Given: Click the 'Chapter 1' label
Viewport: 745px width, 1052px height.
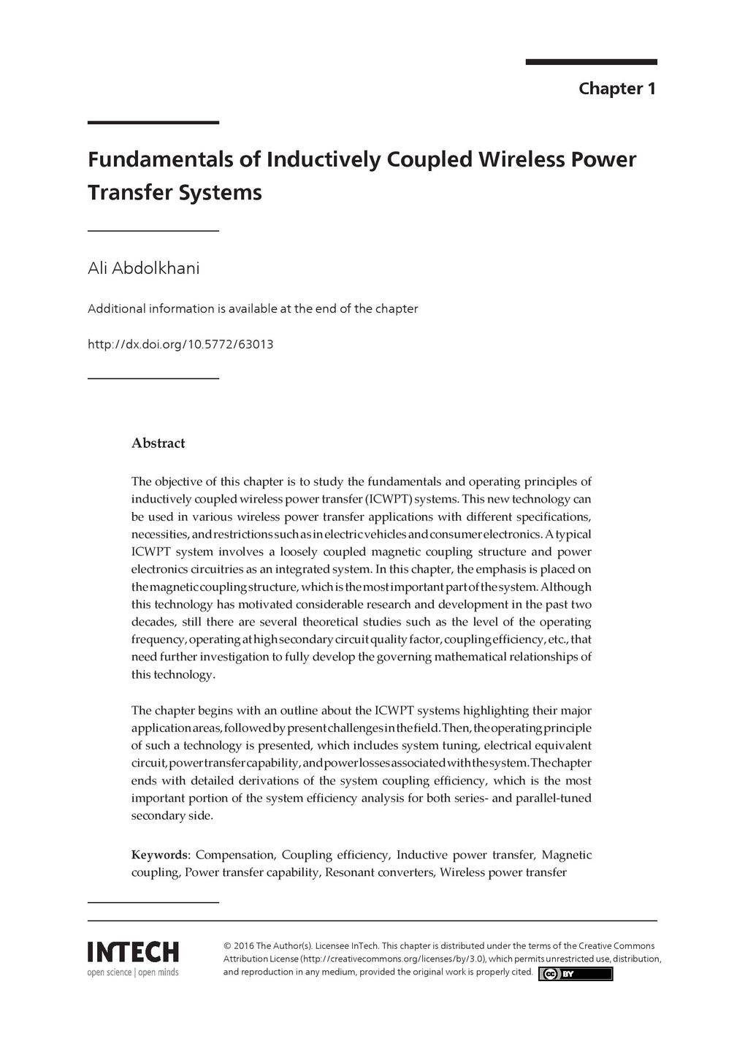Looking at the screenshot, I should (617, 89).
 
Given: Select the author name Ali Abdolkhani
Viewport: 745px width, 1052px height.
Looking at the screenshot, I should (143, 268).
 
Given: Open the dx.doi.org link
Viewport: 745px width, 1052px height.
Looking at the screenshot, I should (180, 344).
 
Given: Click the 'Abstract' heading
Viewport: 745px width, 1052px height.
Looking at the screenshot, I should (158, 443).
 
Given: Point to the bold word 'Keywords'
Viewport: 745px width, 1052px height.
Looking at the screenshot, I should (160, 855).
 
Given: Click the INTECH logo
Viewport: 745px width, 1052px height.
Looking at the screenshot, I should (133, 952).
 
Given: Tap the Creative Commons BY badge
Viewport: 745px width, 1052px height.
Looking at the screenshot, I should (576, 974).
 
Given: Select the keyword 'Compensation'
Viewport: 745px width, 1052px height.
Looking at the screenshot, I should (235, 855).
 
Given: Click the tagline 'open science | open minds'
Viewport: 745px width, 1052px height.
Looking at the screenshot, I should (133, 972).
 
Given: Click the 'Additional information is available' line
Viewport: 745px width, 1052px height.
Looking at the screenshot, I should (253, 308).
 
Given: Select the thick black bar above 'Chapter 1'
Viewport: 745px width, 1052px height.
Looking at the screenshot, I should (591, 62).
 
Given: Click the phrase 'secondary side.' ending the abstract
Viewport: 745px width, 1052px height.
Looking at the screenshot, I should (172, 815).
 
